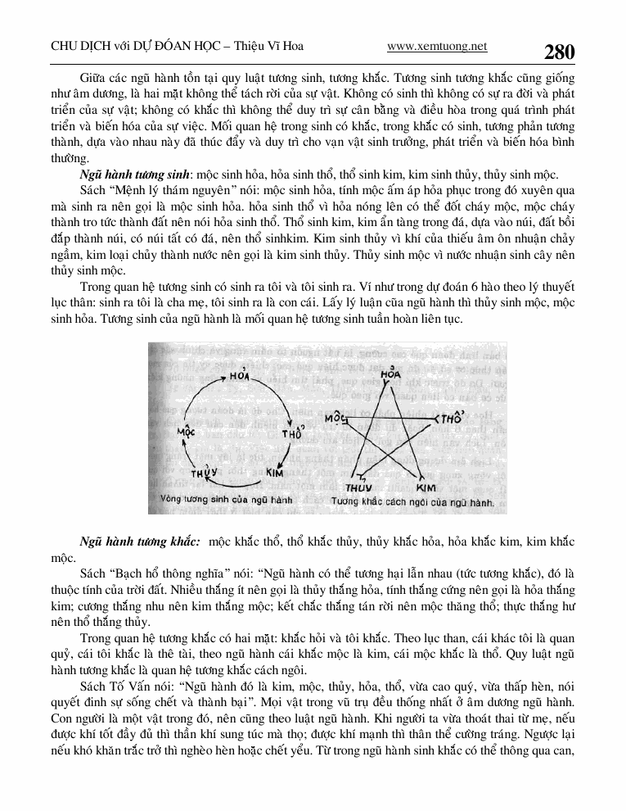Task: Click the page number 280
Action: (x=560, y=52)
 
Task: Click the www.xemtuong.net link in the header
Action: (x=437, y=47)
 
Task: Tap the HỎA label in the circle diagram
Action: (x=239, y=375)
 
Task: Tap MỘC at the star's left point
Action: (x=336, y=419)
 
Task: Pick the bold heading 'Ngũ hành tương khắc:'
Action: (x=140, y=542)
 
